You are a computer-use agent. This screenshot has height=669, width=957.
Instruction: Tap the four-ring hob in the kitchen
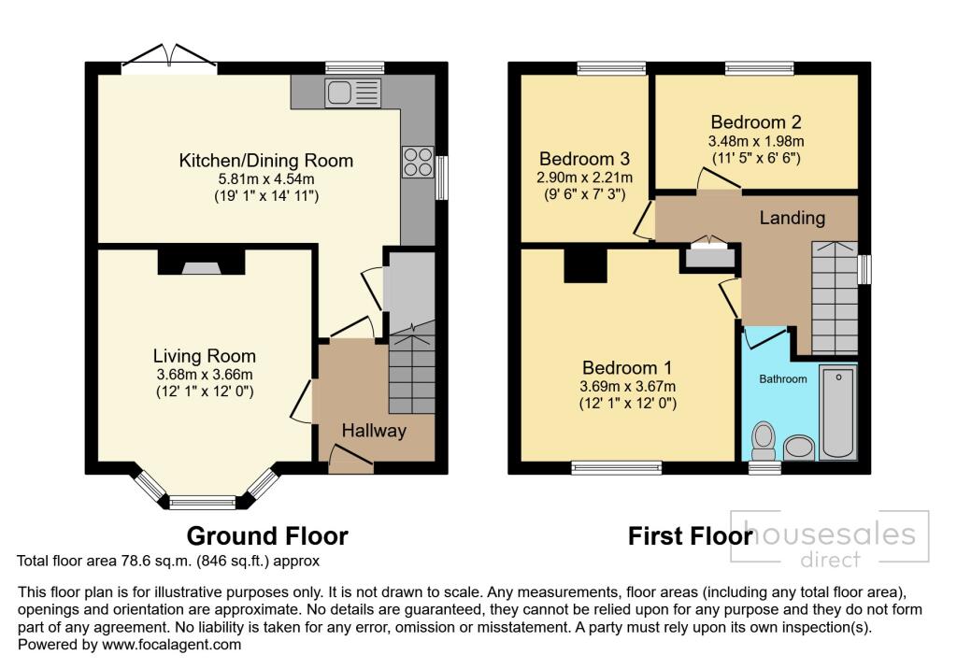pyautogui.click(x=417, y=162)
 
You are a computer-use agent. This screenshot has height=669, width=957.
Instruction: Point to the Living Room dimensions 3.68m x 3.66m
pyautogui.click(x=205, y=375)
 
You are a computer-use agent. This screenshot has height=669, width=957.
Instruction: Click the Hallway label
pyautogui.click(x=374, y=431)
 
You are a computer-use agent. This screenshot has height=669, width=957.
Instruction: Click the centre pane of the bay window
pyautogui.click(x=202, y=503)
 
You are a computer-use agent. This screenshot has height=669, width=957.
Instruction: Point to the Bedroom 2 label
pyautogui.click(x=755, y=122)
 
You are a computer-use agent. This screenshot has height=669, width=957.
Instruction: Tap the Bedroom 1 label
pyautogui.click(x=627, y=367)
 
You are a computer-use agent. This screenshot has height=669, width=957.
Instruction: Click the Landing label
pyautogui.click(x=792, y=218)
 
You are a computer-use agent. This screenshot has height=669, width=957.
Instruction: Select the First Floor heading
pyautogui.click(x=690, y=536)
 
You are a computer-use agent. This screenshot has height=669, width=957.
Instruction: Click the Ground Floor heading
pyautogui.click(x=267, y=536)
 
